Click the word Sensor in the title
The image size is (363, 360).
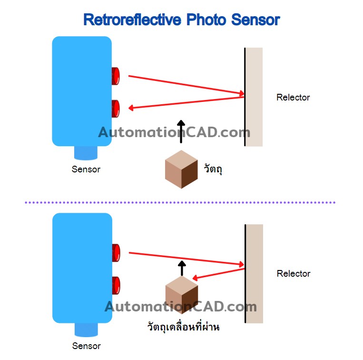[255, 20]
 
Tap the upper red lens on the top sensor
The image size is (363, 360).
[115, 76]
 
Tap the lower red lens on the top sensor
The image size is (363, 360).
[115, 108]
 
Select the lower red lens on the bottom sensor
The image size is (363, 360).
[116, 285]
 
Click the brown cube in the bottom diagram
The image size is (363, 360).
[181, 295]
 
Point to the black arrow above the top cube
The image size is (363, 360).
[181, 131]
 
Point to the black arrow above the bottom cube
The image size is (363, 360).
[181, 268]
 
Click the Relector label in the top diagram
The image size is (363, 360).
[293, 98]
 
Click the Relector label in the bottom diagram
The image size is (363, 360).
[293, 274]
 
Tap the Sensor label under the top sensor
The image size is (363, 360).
[86, 169]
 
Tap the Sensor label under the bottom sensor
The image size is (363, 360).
[86, 346]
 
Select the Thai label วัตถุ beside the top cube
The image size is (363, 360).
[213, 169]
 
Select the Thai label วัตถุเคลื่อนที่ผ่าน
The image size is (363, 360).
[183, 328]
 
